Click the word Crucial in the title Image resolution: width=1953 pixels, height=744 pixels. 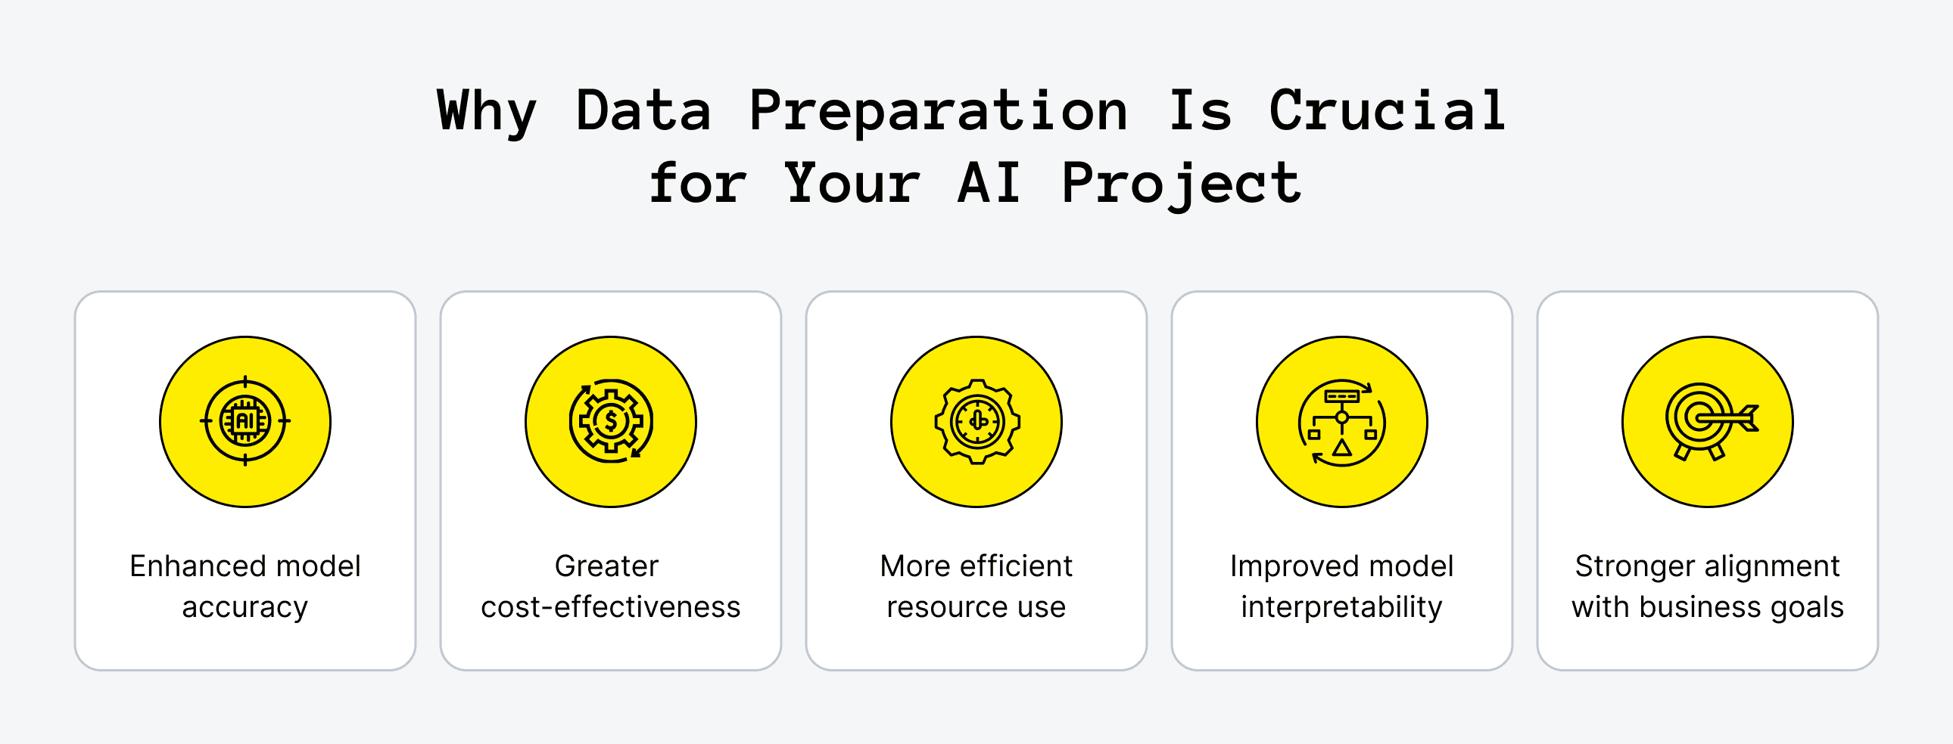tap(1387, 110)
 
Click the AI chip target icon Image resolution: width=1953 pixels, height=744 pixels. tap(245, 421)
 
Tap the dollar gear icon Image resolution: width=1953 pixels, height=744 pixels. tap(610, 421)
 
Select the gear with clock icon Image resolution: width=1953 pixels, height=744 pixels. tap(976, 421)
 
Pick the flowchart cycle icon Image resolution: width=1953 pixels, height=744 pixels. tap(1342, 421)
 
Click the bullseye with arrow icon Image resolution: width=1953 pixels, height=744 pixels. tap(1707, 421)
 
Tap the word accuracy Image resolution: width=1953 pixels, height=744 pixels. tap(245, 607)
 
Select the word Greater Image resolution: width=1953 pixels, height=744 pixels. tap(606, 566)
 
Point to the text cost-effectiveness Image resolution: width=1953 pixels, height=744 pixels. tap(610, 607)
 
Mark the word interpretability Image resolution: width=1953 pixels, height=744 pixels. tap(1342, 607)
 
